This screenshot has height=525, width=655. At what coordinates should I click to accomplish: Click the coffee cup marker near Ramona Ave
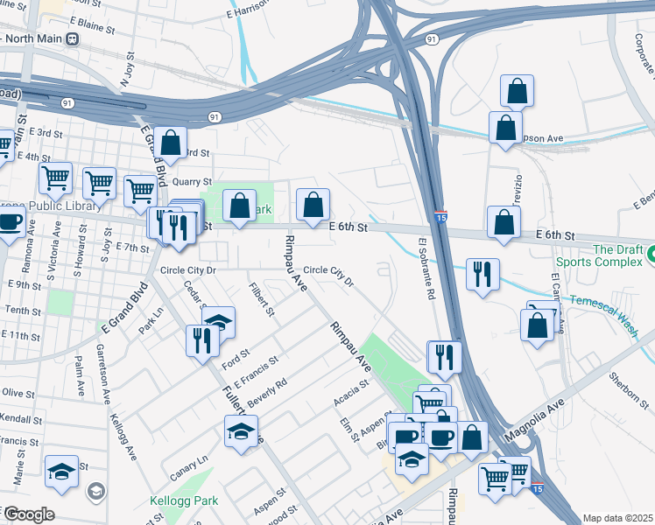point(10,222)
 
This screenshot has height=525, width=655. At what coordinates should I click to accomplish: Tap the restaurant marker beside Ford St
point(203,339)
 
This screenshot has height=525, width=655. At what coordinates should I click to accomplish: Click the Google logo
point(28,514)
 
